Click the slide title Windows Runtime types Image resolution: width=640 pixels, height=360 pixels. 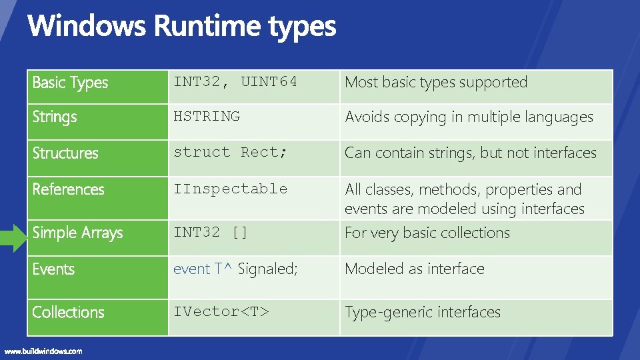coord(181,27)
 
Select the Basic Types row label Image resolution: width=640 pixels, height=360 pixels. coord(70,83)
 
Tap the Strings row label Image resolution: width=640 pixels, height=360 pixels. coord(55,117)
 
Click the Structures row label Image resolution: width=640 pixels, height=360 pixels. coord(65,153)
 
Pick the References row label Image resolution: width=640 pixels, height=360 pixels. coord(69,189)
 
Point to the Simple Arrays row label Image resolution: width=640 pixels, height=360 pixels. coord(78,233)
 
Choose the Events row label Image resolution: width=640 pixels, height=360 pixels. coord(53,269)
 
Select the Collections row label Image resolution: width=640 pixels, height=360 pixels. coord(69,312)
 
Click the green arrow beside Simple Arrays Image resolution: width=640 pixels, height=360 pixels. coord(13,238)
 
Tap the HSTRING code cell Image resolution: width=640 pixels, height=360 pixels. coord(207,116)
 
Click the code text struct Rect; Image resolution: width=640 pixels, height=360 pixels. coord(231,152)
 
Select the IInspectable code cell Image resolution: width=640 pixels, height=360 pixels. coord(231,189)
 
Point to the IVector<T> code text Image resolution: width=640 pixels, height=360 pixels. coord(221,311)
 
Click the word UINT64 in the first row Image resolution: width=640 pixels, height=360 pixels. coord(269,82)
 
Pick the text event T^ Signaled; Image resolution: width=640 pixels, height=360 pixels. coord(235,269)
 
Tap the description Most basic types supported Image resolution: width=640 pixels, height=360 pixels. coord(436,83)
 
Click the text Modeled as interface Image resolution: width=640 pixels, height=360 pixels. coord(415,269)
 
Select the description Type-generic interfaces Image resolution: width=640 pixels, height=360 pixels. coord(423,312)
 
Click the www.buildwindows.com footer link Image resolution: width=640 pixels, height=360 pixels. coord(43,351)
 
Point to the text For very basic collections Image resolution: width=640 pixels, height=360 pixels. coord(427,233)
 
